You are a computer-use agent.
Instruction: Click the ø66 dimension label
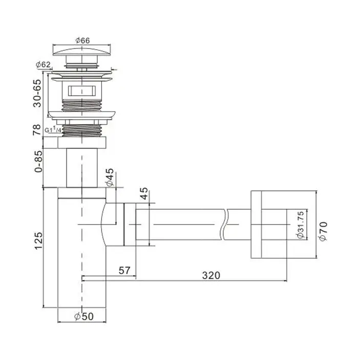click(x=82, y=40)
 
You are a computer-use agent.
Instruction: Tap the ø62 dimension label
click(x=43, y=64)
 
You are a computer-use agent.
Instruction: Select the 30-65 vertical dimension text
click(x=37, y=94)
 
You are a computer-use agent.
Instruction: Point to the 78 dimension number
click(x=37, y=130)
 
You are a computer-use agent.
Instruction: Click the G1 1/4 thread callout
click(x=53, y=129)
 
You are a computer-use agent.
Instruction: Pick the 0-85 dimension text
click(x=38, y=161)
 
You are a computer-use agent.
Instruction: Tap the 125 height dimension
click(x=38, y=241)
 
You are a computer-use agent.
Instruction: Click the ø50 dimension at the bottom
click(x=84, y=317)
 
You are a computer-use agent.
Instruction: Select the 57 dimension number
click(x=124, y=271)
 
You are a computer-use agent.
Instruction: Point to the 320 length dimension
click(x=211, y=275)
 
